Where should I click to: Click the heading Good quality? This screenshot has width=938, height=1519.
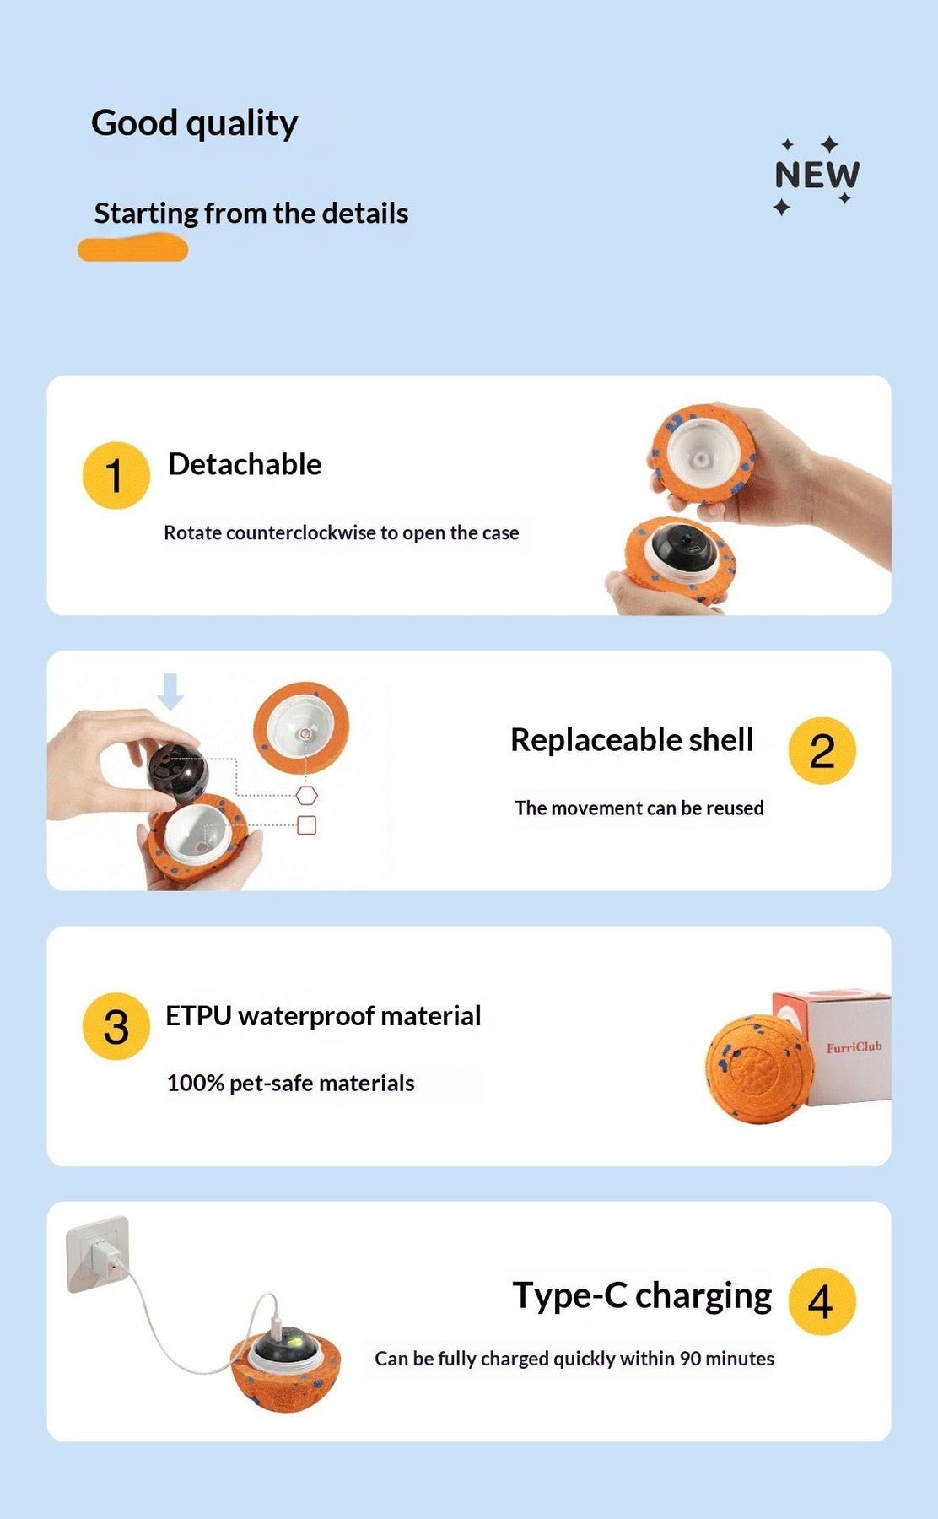194,123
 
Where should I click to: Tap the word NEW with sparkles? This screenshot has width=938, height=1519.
817,175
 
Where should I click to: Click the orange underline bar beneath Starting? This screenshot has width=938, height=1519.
132,249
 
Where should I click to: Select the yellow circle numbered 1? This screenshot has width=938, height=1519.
116,475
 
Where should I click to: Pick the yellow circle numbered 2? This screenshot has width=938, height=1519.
822,750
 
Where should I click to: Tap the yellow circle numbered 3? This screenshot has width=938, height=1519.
116,1025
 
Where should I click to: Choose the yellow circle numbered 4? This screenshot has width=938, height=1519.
822,1301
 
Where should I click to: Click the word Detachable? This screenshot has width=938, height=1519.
245,464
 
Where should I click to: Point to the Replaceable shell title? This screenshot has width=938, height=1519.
632,740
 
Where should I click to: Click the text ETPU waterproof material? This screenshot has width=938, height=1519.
323,1016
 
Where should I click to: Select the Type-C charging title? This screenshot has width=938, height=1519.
642,1296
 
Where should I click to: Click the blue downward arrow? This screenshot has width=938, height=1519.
170,691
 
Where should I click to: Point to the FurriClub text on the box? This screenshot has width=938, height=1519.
854,1047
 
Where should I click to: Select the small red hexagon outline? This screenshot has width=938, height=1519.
307,795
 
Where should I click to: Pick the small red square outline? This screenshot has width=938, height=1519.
307,825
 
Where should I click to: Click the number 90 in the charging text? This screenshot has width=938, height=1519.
690,1359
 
